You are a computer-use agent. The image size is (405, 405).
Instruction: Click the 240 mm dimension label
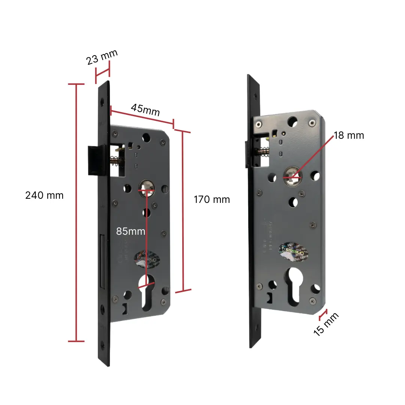[44, 195]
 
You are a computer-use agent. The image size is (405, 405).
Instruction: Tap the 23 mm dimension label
[102, 57]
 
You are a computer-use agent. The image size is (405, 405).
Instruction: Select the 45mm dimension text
[145, 110]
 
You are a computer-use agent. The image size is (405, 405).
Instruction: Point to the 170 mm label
[211, 199]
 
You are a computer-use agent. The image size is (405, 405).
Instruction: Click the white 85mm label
[130, 231]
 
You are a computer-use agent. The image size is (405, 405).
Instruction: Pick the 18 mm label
[348, 135]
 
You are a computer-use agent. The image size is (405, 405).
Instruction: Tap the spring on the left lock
[117, 160]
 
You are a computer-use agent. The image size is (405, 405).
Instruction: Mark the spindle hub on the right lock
[291, 173]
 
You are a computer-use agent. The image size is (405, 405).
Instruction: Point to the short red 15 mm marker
[323, 315]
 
